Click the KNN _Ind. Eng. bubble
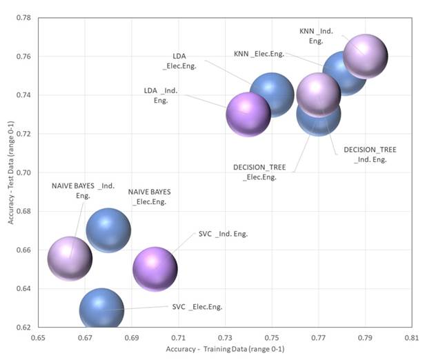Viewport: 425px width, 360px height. tap(365, 56)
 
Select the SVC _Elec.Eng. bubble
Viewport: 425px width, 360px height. tap(101, 310)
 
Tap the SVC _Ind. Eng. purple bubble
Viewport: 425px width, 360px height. tap(155, 269)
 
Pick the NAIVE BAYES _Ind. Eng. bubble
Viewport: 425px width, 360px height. tap(70, 259)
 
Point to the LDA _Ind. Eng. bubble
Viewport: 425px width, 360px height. tap(248, 114)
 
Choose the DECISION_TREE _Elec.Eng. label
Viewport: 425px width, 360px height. tap(259, 172)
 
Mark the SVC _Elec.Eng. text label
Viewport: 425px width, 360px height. tap(197, 306)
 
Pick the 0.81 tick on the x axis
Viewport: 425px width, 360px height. tap(412, 339)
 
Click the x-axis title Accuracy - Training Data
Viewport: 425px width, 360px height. tap(225, 350)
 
